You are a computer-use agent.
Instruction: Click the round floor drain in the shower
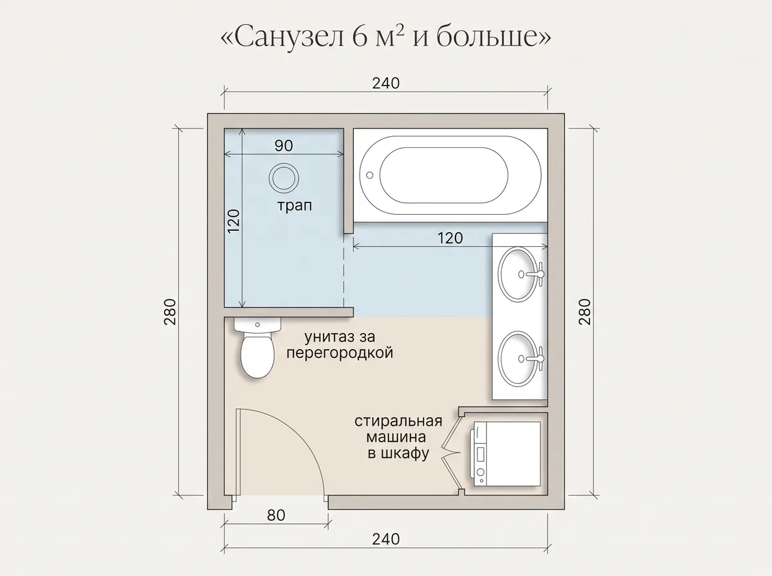pyautogui.click(x=284, y=178)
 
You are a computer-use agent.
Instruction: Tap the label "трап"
pyautogui.click(x=295, y=206)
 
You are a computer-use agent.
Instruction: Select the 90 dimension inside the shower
pyautogui.click(x=284, y=145)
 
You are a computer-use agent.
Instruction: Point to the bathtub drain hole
pyautogui.click(x=370, y=175)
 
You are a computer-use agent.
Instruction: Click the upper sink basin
pyautogui.click(x=518, y=274)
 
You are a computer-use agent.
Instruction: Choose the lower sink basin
pyautogui.click(x=518, y=359)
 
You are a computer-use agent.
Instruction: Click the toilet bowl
pyautogui.click(x=257, y=356)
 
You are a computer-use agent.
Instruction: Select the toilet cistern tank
pyautogui.click(x=257, y=325)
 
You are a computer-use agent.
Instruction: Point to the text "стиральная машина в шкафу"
pyautogui.click(x=398, y=437)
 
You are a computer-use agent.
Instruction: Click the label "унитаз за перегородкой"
pyautogui.click(x=340, y=345)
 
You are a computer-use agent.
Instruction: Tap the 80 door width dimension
pyautogui.click(x=276, y=516)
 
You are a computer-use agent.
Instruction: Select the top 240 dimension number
pyautogui.click(x=386, y=84)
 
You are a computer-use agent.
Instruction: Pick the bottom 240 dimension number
pyautogui.click(x=386, y=539)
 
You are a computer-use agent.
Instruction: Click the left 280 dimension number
pyautogui.click(x=170, y=312)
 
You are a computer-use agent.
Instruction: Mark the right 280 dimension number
pyautogui.click(x=585, y=312)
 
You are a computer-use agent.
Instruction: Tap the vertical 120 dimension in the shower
pyautogui.click(x=234, y=221)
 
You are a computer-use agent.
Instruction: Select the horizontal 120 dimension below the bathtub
pyautogui.click(x=450, y=239)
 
